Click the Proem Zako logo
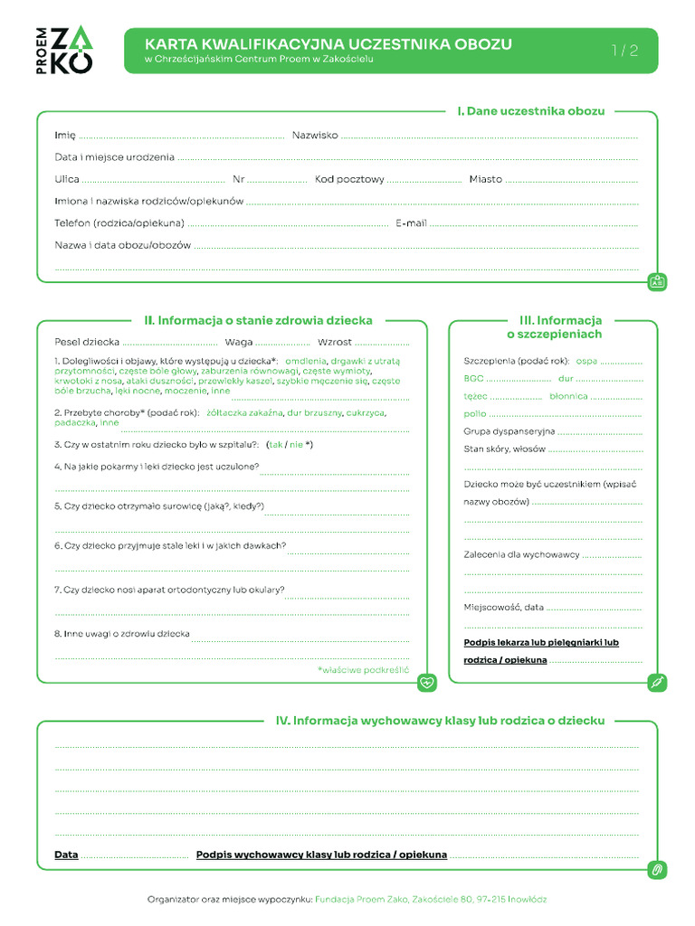click(x=69, y=50)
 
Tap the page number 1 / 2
click(x=624, y=51)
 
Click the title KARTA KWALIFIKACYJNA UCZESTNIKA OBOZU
click(x=328, y=43)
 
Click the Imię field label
click(x=64, y=136)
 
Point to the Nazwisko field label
click(x=315, y=136)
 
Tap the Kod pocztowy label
click(x=349, y=179)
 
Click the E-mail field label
click(x=411, y=222)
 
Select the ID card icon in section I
click(x=658, y=282)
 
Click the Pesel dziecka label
click(x=87, y=342)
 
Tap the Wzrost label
click(x=334, y=342)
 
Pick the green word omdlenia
click(x=306, y=360)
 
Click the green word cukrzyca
click(x=366, y=412)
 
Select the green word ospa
click(x=586, y=360)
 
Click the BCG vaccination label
click(x=474, y=378)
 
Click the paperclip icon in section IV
click(x=658, y=870)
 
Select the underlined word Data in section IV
click(x=66, y=855)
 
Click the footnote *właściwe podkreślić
click(x=363, y=670)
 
